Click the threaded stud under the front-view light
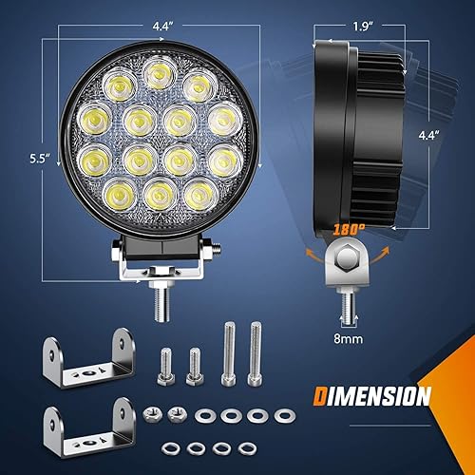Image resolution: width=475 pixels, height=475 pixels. coord(161,302)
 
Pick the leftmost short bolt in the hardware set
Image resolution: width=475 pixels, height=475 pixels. coord(165,364)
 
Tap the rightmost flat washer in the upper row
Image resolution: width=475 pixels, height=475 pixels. coord(281,414)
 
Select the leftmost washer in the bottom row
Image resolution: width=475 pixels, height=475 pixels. coord(167,446)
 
